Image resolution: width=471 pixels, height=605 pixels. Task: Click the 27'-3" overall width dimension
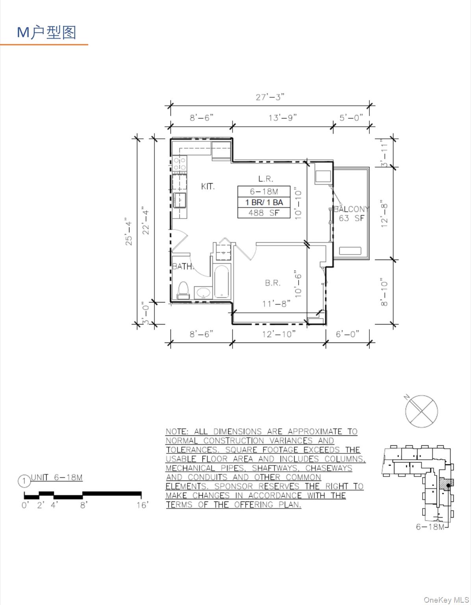270,97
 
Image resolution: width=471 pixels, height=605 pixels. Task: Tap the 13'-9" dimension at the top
282,118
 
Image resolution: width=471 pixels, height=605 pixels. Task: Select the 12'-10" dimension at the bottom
279,334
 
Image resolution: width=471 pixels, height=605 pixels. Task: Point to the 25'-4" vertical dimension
129,231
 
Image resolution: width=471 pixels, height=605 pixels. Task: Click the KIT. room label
208,186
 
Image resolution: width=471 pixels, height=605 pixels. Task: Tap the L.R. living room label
265,179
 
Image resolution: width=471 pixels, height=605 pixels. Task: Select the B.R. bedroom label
273,283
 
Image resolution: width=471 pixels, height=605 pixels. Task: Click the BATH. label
182,267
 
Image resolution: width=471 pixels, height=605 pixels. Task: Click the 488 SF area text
263,213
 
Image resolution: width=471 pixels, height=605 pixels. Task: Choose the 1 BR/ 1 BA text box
264,202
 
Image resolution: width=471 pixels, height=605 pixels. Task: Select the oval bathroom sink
203,292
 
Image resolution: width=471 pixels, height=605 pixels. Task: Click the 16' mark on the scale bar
142,505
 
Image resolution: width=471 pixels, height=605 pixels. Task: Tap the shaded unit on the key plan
446,484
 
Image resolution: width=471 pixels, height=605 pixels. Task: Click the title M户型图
46,32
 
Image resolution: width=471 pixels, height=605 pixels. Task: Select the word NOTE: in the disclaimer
177,432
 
